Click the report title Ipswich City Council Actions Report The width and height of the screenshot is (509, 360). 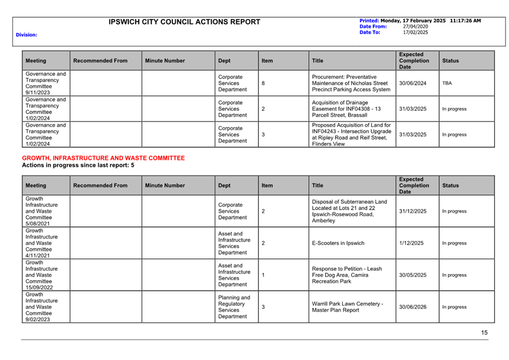(x=185, y=22)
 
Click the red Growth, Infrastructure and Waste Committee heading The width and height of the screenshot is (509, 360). (x=103, y=158)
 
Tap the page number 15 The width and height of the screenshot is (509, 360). (x=484, y=332)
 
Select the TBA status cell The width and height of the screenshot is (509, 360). (x=447, y=83)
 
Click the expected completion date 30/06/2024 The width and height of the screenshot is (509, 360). (x=413, y=83)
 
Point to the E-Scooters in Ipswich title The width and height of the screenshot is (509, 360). (x=338, y=243)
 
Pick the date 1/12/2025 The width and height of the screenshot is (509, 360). (x=411, y=243)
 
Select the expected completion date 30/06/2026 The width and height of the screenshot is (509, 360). (x=413, y=307)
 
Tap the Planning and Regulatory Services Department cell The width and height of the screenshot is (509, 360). (x=234, y=307)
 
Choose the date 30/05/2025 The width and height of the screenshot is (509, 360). (x=413, y=275)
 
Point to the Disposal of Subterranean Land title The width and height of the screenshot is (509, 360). (x=349, y=211)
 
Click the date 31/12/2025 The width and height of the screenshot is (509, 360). (x=413, y=211)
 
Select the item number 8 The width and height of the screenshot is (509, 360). (x=263, y=83)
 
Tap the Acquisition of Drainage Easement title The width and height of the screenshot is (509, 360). (x=346, y=109)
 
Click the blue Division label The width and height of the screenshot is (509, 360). (x=27, y=35)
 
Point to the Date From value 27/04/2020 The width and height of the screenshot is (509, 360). (x=415, y=26)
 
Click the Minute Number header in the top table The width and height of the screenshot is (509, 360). (x=165, y=61)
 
